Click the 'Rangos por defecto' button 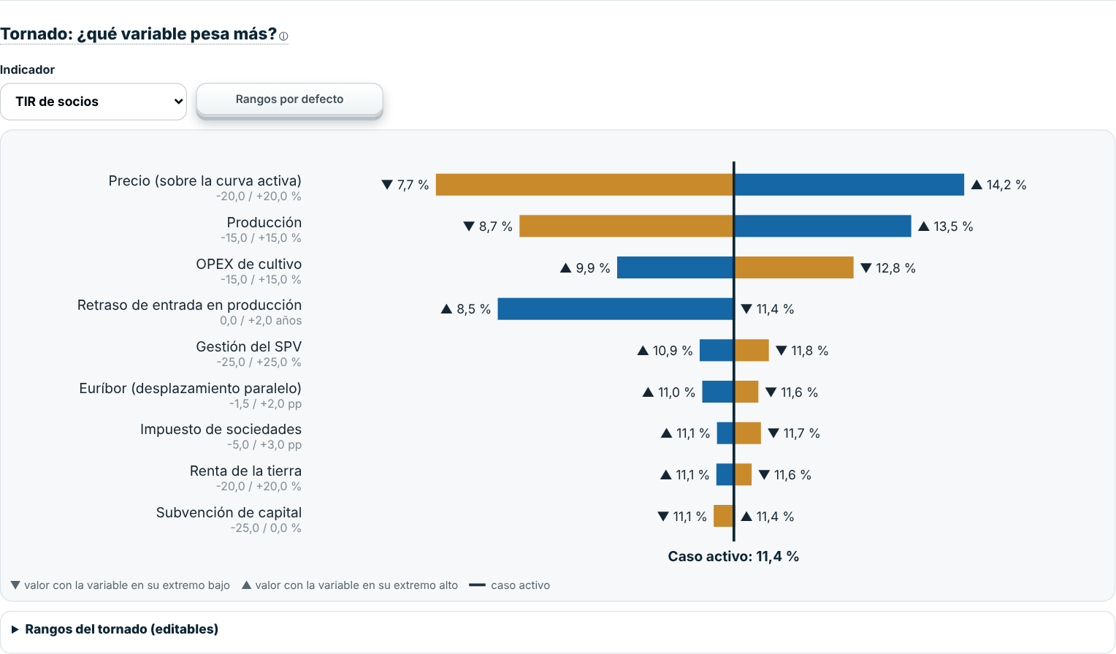click(289, 99)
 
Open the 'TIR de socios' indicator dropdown click(93, 102)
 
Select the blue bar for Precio click(849, 184)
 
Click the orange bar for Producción click(626, 227)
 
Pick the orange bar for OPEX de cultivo click(794, 267)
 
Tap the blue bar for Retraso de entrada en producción click(616, 309)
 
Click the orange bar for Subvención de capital click(723, 516)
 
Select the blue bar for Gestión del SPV click(716, 351)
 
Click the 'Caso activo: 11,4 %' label click(733, 556)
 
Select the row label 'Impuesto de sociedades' click(221, 429)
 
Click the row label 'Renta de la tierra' click(245, 471)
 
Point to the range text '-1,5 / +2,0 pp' click(266, 404)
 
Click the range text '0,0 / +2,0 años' click(261, 321)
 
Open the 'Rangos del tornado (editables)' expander click(115, 629)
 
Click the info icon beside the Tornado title click(283, 36)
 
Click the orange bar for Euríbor click(746, 392)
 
